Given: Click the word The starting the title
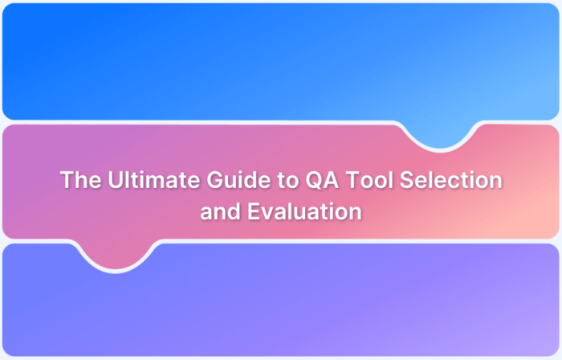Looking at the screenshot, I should point(77,181).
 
